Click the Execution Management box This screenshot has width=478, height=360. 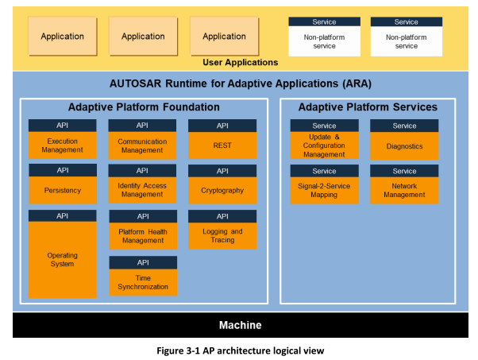pos(62,145)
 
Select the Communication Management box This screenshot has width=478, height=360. pos(142,145)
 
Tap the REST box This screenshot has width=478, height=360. pos(222,145)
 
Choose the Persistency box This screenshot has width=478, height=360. pos(63,190)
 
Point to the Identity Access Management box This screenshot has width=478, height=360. pos(142,190)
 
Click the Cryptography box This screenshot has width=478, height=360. pos(222,191)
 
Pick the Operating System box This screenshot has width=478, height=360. pos(62,260)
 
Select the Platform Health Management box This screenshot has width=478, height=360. pos(143,236)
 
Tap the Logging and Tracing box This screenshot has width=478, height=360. pos(222,236)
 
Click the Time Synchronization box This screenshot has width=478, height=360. pos(143,282)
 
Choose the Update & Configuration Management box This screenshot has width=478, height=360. pos(324,145)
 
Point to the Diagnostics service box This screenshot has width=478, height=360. pos(404,146)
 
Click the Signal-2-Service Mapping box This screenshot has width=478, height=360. pos(324,191)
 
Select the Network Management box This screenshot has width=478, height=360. pos(404,191)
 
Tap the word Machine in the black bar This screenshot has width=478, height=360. pos(241,325)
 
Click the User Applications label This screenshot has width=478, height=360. pos(241,62)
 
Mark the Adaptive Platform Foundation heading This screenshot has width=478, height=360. pos(144,107)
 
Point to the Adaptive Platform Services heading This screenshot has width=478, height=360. pos(368,107)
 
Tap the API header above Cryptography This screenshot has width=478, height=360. pos(222,171)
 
